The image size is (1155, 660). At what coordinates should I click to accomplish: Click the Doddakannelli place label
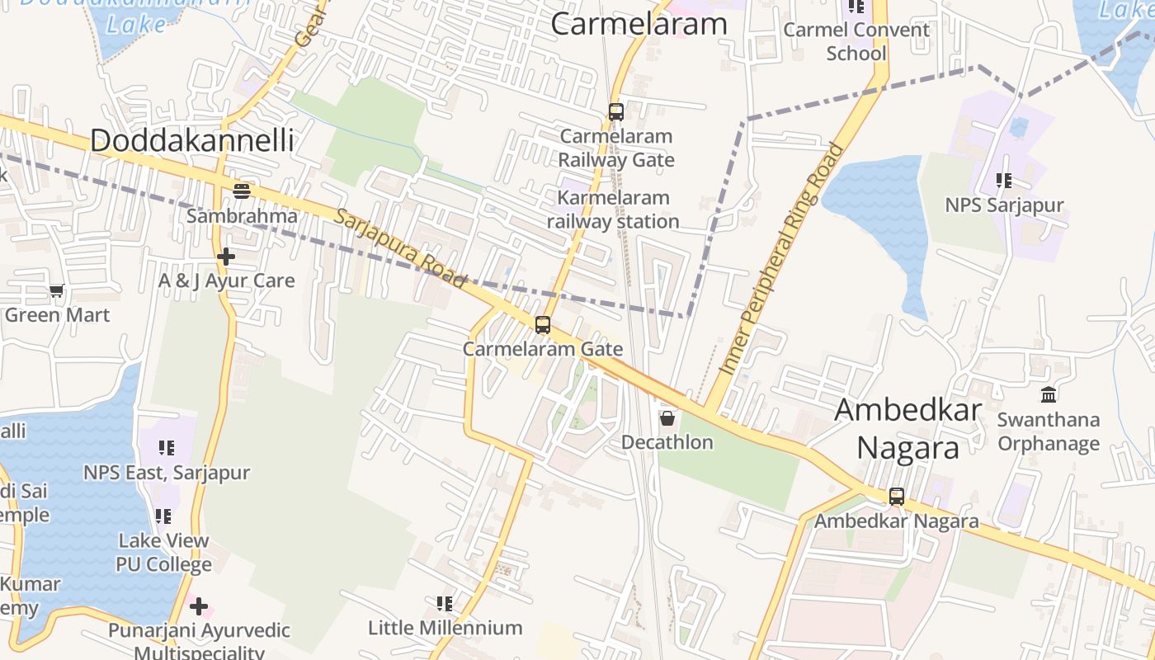click(x=191, y=140)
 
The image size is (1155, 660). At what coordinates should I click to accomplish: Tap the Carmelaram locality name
click(x=639, y=24)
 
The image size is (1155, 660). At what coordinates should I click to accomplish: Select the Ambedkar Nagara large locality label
click(x=907, y=429)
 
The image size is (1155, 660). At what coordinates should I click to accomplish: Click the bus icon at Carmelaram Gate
click(x=542, y=325)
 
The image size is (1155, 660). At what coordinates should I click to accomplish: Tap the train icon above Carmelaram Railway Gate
click(x=615, y=111)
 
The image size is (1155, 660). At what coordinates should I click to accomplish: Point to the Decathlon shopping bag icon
click(x=667, y=418)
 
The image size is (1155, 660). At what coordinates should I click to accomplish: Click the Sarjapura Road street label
click(x=401, y=247)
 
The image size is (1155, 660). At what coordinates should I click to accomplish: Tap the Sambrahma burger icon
click(x=241, y=191)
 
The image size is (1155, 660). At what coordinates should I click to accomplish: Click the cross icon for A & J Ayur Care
click(x=226, y=257)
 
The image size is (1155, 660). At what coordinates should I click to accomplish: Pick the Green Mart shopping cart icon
click(x=56, y=290)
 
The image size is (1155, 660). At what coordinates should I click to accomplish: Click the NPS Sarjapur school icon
click(x=1003, y=180)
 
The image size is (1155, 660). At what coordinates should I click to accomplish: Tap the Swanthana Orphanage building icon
click(x=1048, y=394)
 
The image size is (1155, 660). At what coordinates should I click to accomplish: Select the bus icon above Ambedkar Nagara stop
click(x=896, y=497)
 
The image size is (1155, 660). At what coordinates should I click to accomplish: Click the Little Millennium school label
click(x=445, y=628)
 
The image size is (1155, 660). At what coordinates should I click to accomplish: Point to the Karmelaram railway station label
click(x=613, y=210)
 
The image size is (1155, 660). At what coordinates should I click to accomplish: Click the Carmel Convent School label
click(x=856, y=41)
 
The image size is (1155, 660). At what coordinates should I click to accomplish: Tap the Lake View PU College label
click(x=163, y=553)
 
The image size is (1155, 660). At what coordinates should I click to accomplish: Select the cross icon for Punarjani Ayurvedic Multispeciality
click(x=198, y=607)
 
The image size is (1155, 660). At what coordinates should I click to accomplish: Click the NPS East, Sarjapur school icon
click(x=167, y=448)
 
